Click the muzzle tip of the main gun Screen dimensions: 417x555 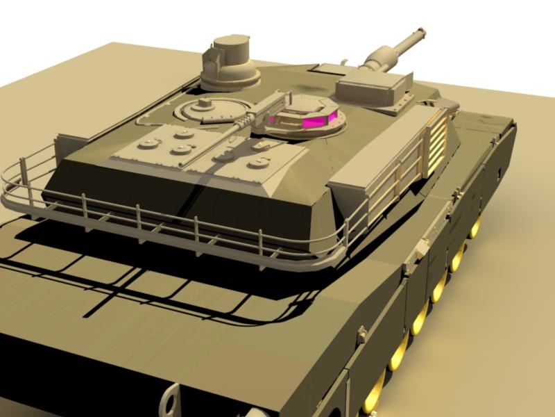point(420,32)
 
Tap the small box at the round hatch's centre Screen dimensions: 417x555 point(204,104)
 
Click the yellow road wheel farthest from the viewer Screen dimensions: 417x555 point(476,226)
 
